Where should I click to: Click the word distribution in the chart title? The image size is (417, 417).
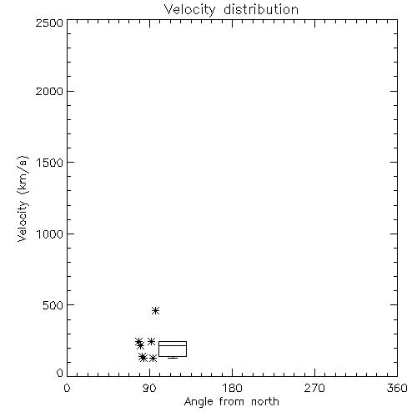click(x=261, y=9)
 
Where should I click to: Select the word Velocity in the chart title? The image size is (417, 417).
click(x=189, y=10)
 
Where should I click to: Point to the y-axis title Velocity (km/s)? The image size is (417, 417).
click(x=23, y=198)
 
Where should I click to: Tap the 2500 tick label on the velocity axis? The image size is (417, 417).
click(x=49, y=23)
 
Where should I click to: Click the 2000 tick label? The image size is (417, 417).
click(x=49, y=92)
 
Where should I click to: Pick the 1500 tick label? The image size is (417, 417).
click(x=50, y=163)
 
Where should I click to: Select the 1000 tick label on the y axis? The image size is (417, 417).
click(x=50, y=234)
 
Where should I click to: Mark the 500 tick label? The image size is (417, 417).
click(x=53, y=305)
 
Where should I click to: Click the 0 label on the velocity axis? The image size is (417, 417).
click(x=60, y=373)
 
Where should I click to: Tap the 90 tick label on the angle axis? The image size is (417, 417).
click(x=149, y=388)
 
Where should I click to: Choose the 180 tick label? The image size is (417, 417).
click(x=232, y=388)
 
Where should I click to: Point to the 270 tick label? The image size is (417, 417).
click(x=314, y=388)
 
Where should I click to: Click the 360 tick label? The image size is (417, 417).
click(x=397, y=388)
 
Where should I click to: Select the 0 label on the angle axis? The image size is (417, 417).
click(x=67, y=388)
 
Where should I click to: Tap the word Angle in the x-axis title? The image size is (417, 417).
click(x=198, y=402)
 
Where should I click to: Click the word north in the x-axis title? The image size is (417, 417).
click(x=265, y=401)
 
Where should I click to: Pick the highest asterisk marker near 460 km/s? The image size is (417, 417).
click(x=156, y=310)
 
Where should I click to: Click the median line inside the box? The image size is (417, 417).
click(x=173, y=345)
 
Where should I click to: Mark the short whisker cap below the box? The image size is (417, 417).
click(x=173, y=358)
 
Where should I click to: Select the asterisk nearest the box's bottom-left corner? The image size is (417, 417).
click(x=153, y=358)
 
